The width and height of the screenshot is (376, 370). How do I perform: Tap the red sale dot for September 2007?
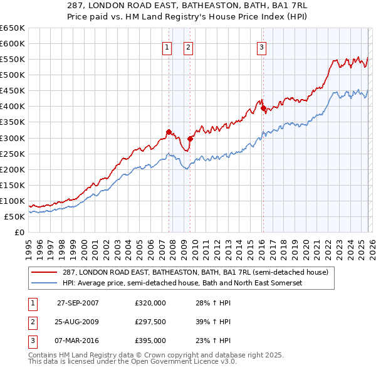[169, 132]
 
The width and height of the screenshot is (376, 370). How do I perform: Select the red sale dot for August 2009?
[190, 139]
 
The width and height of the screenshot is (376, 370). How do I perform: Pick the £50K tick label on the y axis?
[15, 216]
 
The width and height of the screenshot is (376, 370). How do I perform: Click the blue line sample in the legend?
[44, 283]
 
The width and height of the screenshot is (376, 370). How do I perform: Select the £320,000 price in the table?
[150, 303]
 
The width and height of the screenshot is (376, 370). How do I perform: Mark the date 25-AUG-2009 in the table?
[78, 322]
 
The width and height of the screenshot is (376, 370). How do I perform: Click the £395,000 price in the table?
[150, 341]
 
